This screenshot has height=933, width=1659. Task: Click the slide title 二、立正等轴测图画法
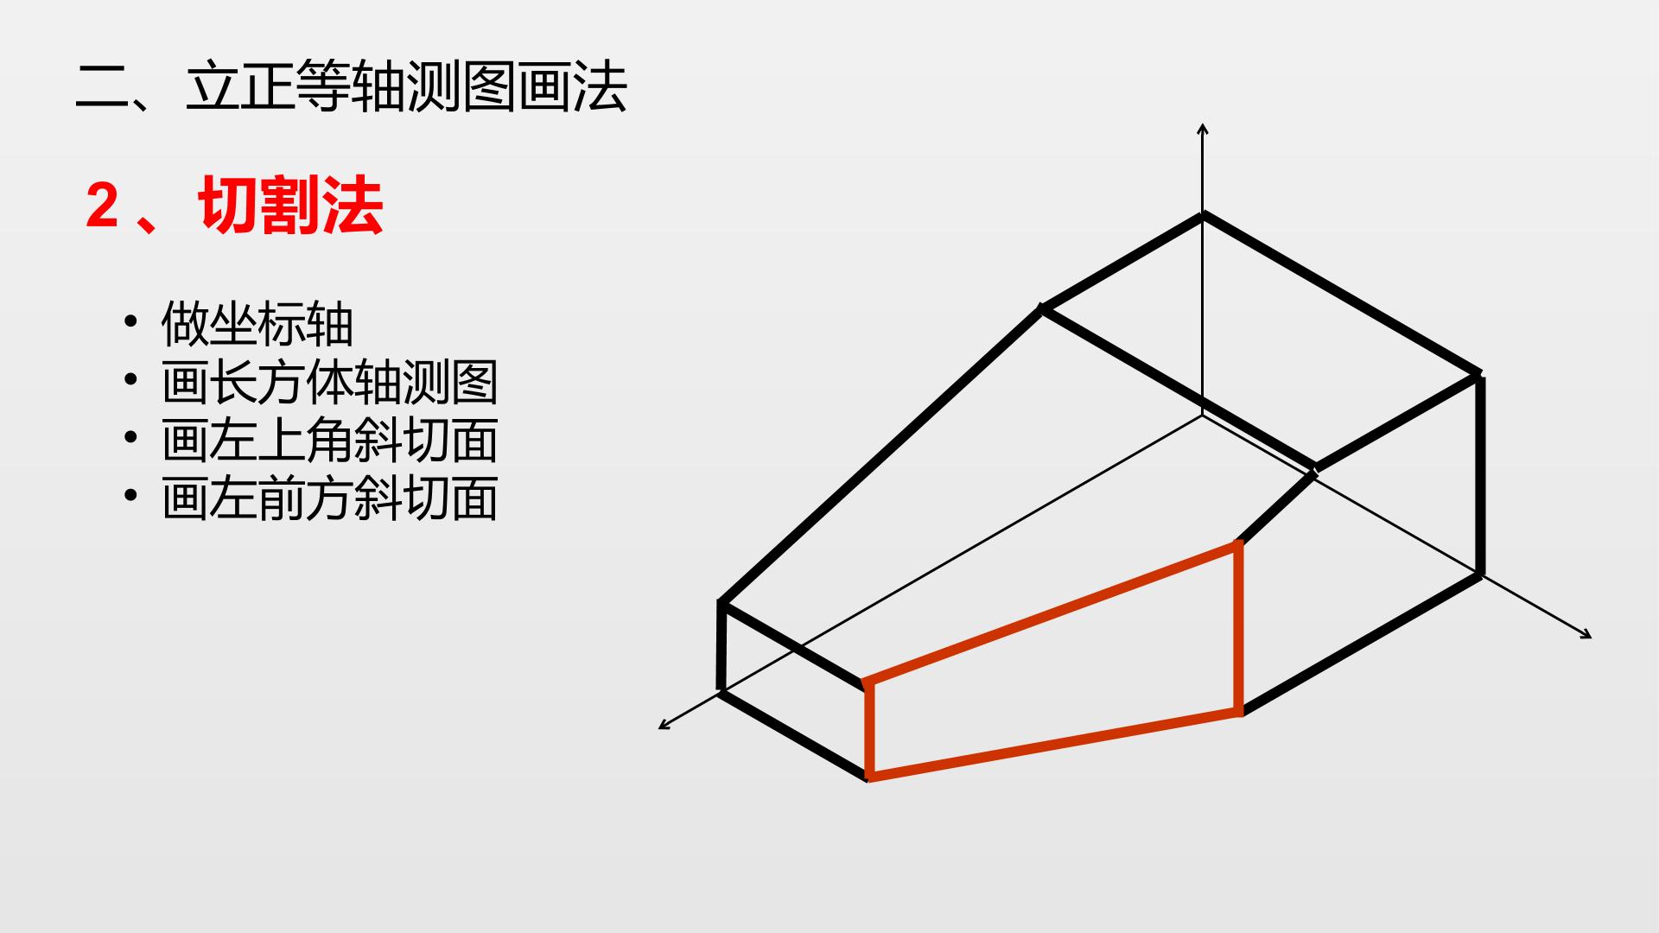[x=352, y=86]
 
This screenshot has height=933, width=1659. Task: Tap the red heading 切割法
[x=291, y=206]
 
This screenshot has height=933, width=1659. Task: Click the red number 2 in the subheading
[x=102, y=207]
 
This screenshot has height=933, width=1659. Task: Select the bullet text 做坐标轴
[x=257, y=325]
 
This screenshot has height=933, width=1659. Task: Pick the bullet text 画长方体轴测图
[x=330, y=383]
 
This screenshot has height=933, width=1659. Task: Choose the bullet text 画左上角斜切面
[x=330, y=441]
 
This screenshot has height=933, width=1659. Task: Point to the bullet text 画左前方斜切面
[x=330, y=498]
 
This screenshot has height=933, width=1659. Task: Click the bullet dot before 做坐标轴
[x=130, y=322]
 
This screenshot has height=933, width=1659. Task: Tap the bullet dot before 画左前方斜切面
[x=130, y=496]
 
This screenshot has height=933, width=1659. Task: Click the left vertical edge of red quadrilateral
[x=868, y=730]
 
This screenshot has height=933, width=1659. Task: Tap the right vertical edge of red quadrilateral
[x=1239, y=628]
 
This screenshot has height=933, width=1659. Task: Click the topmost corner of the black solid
[x=1203, y=215]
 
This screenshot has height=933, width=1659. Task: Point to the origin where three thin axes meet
[x=1203, y=416]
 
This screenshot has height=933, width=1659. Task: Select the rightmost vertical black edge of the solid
[x=1481, y=474]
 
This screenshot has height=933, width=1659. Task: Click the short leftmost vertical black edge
[x=721, y=645]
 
